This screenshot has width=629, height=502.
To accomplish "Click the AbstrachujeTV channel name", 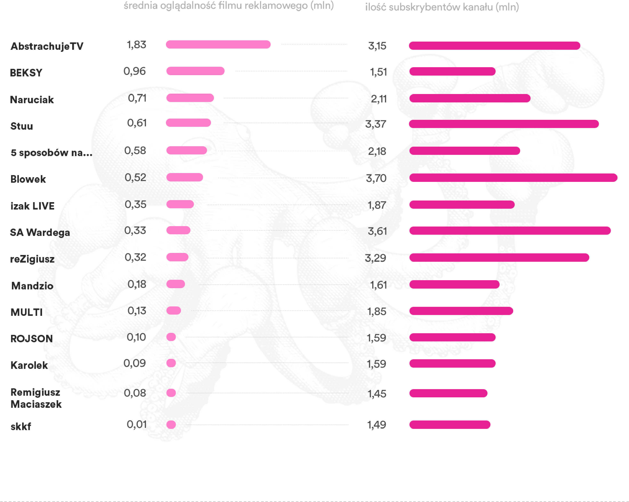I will click(x=47, y=46).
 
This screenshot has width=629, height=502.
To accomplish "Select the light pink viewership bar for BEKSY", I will click(x=195, y=71).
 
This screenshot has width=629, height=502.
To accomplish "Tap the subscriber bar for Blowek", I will click(x=513, y=178).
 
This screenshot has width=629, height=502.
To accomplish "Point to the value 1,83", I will click(x=136, y=45).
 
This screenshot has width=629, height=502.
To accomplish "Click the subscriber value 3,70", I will click(x=376, y=178).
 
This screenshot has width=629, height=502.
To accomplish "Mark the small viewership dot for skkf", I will click(x=171, y=425).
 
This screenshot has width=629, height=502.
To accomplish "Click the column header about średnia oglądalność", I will click(x=228, y=6).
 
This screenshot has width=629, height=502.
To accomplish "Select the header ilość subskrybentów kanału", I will click(x=442, y=7).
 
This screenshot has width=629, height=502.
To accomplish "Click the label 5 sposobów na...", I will click(x=51, y=153).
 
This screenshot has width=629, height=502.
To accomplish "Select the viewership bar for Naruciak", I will click(x=190, y=98).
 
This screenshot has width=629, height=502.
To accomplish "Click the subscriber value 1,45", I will click(x=377, y=394).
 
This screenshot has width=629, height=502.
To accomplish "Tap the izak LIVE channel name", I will click(x=32, y=206).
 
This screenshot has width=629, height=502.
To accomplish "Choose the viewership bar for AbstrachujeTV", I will click(x=218, y=45).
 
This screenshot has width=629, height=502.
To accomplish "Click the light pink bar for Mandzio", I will click(x=176, y=284).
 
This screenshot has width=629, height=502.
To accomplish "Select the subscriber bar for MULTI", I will click(x=461, y=311).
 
